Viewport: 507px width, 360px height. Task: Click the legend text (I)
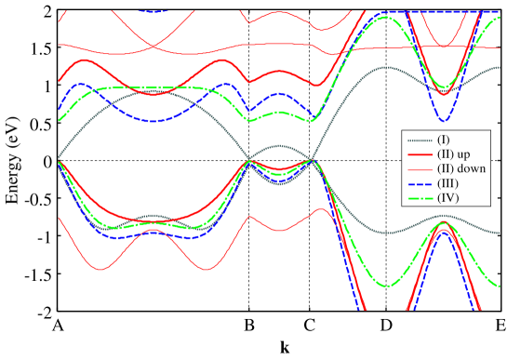[x=444, y=140]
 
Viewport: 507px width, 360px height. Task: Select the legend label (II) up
[x=455, y=153]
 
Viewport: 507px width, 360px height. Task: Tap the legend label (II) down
[x=460, y=168]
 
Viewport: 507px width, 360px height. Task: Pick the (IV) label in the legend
[x=447, y=197]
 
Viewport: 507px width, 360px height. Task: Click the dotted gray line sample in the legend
[x=417, y=140]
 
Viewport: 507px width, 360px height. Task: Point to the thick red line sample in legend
[x=417, y=153]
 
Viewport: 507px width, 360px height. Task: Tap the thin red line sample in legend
[x=417, y=168]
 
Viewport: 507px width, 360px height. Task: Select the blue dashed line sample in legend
[x=417, y=183]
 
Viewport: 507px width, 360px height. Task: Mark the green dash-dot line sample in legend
[x=417, y=197]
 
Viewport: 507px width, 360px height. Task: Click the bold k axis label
[x=285, y=348]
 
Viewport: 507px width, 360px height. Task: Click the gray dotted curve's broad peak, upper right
[x=383, y=67]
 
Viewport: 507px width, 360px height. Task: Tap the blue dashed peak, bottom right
[x=445, y=230]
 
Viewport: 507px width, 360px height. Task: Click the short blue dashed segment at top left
[x=153, y=11]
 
